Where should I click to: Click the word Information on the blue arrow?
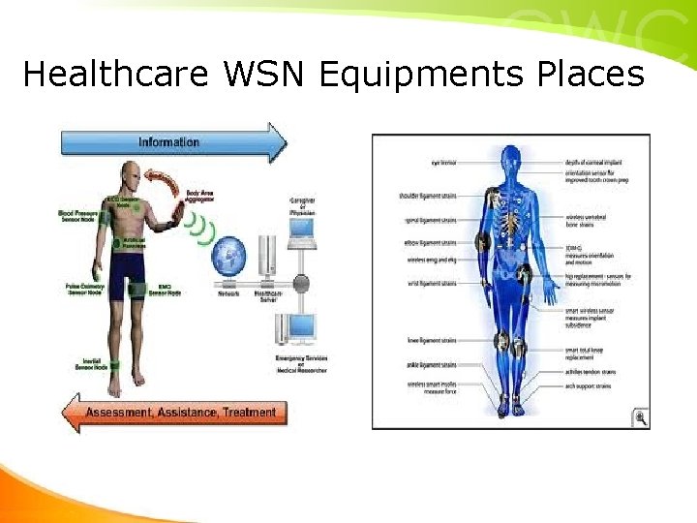point(168,142)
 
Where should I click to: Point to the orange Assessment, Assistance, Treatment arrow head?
point(74,413)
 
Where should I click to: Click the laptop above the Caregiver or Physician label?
point(302,230)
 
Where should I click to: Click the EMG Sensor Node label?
point(164,291)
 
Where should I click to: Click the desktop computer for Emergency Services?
point(302,331)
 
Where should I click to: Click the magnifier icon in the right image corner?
point(640,417)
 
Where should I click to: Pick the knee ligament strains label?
point(431,340)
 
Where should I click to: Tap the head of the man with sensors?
point(133,177)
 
